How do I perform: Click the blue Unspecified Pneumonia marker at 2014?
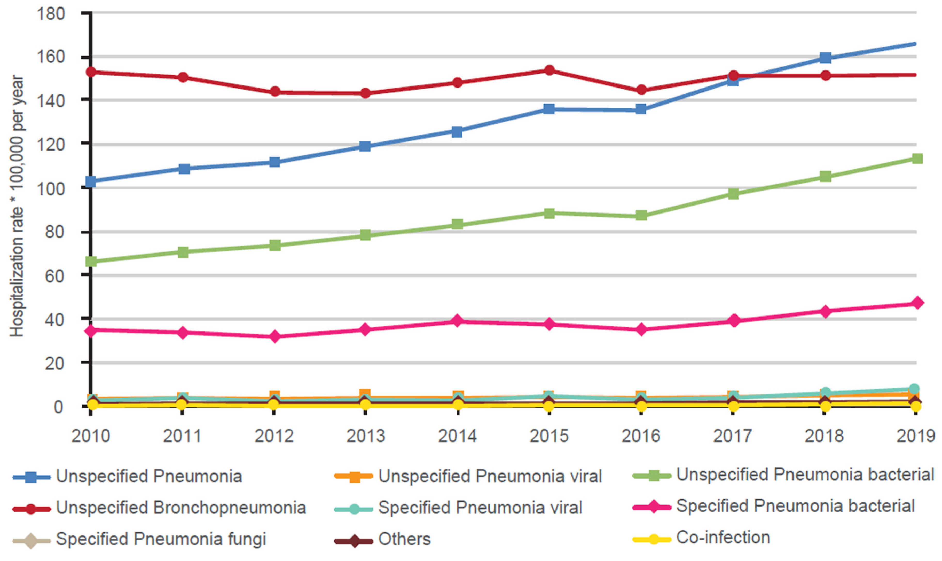pyautogui.click(x=457, y=132)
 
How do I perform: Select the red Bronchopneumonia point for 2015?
pyautogui.click(x=549, y=70)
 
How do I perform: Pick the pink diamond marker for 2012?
pyautogui.click(x=275, y=336)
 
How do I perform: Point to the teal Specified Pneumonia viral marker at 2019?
pyautogui.click(x=914, y=389)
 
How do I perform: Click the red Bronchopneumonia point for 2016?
pyautogui.click(x=641, y=90)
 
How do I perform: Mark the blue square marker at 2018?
pyautogui.click(x=825, y=58)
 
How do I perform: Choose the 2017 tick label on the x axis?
pyautogui.click(x=732, y=436)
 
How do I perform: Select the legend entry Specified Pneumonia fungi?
pyautogui.click(x=161, y=539)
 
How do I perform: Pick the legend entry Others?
pyautogui.click(x=404, y=539)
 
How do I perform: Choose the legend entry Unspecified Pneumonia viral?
pyautogui.click(x=490, y=476)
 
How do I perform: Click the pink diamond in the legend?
pyautogui.click(x=652, y=507)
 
